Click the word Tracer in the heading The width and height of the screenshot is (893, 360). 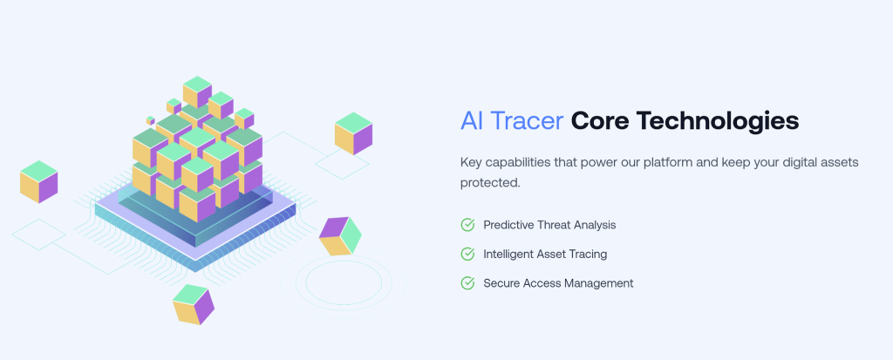pyautogui.click(x=526, y=121)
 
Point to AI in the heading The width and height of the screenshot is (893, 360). pyautogui.click(x=471, y=121)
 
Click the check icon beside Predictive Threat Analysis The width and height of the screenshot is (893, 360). pyautogui.click(x=467, y=225)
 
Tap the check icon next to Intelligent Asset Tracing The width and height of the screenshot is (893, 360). pyautogui.click(x=467, y=254)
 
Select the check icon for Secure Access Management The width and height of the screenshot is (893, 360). pyautogui.click(x=467, y=283)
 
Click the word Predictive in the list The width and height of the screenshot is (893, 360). pyautogui.click(x=509, y=225)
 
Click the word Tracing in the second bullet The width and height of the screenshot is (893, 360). pyautogui.click(x=587, y=254)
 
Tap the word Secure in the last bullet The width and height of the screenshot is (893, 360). pyautogui.click(x=502, y=283)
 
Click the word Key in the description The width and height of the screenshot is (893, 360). pyautogui.click(x=471, y=162)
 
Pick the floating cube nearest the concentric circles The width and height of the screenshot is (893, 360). pyautogui.click(x=339, y=235)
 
